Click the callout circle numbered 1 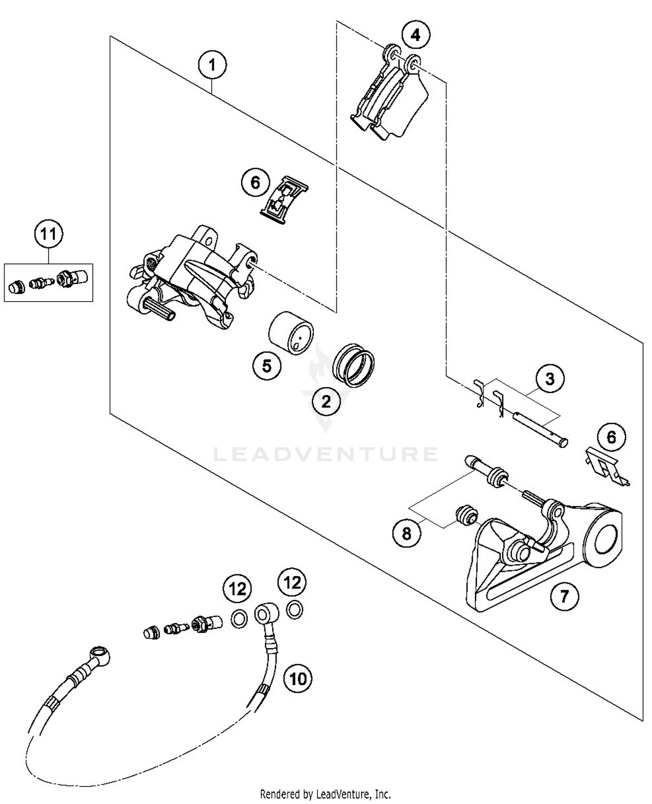[x=212, y=66]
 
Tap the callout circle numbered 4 [x=416, y=35]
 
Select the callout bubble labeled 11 [x=48, y=234]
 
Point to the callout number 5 [x=266, y=365]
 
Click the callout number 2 [x=326, y=401]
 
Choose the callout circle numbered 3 [x=549, y=379]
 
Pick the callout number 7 [x=564, y=596]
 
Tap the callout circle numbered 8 [x=406, y=533]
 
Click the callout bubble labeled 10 [x=298, y=678]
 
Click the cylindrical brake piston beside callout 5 [x=290, y=333]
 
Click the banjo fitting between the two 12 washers [x=264, y=615]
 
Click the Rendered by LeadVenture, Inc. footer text [x=325, y=794]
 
